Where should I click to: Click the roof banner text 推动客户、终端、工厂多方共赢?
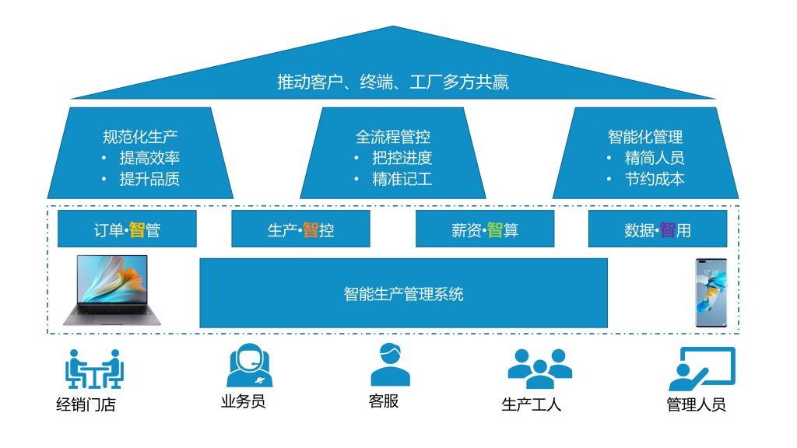click(x=393, y=82)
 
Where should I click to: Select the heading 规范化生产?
click(x=140, y=137)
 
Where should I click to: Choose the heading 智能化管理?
click(x=645, y=137)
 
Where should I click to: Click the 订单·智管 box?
click(x=127, y=229)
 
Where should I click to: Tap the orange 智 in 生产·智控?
click(x=311, y=230)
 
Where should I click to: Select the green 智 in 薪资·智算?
click(x=494, y=230)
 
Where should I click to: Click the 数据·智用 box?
click(x=658, y=229)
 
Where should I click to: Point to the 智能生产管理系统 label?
click(x=403, y=294)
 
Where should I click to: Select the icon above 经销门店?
click(x=94, y=369)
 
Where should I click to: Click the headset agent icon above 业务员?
click(x=249, y=366)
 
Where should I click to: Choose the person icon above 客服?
click(x=390, y=365)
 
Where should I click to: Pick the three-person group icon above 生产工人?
click(x=539, y=368)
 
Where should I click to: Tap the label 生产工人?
click(x=532, y=405)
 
